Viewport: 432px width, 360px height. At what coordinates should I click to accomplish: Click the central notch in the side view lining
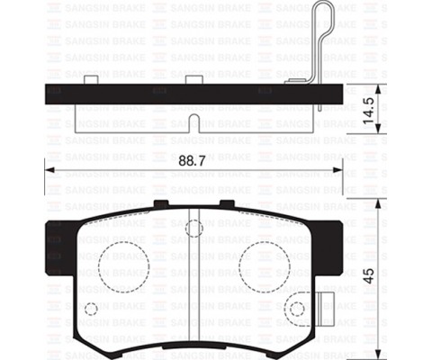pyautogui.click(x=193, y=119)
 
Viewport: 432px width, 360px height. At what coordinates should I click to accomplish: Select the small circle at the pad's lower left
pyautogui.click(x=90, y=310)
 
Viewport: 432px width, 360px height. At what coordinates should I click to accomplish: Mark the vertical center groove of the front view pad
pyautogui.click(x=194, y=270)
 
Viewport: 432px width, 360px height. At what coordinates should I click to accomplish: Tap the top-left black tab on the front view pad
pyautogui.click(x=160, y=204)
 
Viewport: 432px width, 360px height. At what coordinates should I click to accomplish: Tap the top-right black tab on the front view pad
pyautogui.click(x=228, y=204)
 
